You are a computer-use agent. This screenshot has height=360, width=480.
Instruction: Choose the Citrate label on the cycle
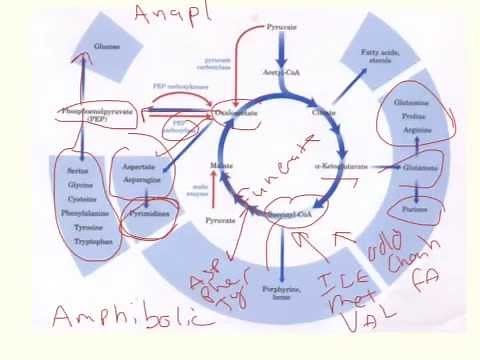click(x=324, y=114)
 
